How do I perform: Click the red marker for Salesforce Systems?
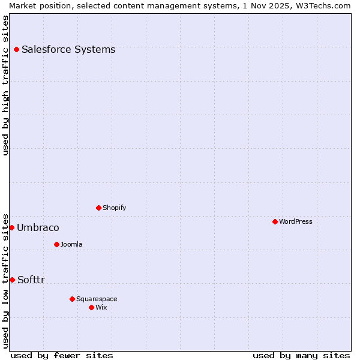pyautogui.click(x=16, y=49)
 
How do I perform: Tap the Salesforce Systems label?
pyautogui.click(x=68, y=50)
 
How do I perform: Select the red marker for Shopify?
pyautogui.click(x=98, y=208)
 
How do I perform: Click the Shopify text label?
pyautogui.click(x=114, y=208)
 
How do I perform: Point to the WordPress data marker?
pyautogui.click(x=275, y=221)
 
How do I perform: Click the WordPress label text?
pyautogui.click(x=295, y=222)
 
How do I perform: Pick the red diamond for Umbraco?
pyautogui.click(x=11, y=227)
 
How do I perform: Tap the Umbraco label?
pyautogui.click(x=38, y=228)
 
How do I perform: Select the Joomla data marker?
pyautogui.click(x=56, y=244)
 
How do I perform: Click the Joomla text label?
pyautogui.click(x=71, y=245)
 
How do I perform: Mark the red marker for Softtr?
pyautogui.click(x=12, y=280)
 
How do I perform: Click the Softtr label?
pyautogui.click(x=31, y=280)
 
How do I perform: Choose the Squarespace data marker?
pyautogui.click(x=72, y=299)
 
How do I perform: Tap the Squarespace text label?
pyautogui.click(x=97, y=299)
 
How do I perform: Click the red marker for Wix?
pyautogui.click(x=91, y=307)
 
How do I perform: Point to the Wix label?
pyautogui.click(x=101, y=308)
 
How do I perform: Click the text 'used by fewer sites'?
pyautogui.click(x=62, y=355)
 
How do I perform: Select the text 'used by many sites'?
pyautogui.click(x=301, y=355)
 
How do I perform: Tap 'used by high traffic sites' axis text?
pyautogui.click(x=5, y=85)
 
